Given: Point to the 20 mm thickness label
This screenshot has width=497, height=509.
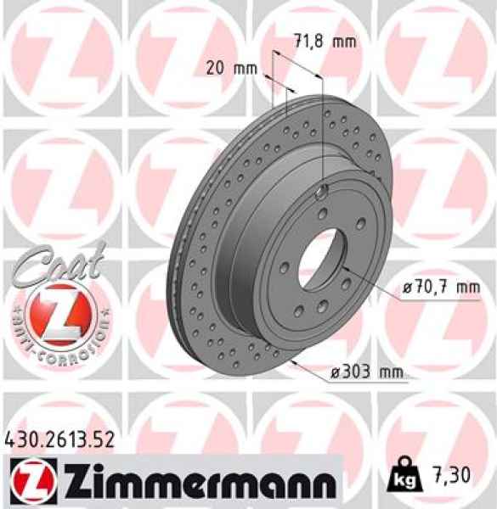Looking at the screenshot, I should click(x=232, y=69).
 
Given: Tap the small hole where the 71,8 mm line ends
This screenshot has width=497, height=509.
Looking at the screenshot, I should click(x=324, y=191).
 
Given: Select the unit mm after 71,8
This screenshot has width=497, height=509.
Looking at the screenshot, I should click(x=344, y=42).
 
